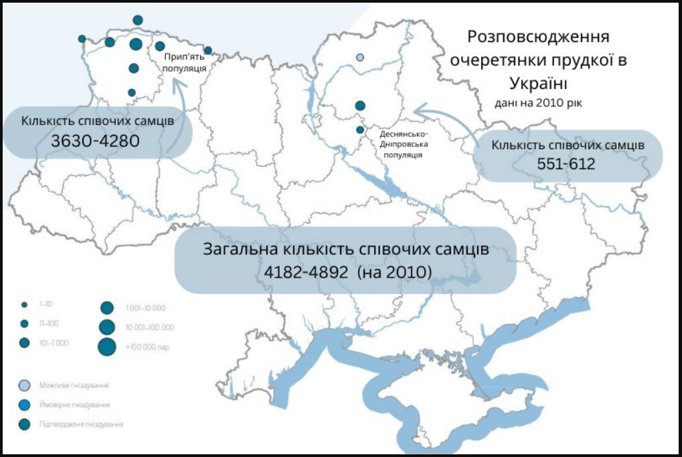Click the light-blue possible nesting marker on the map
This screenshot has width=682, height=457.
click(x=360, y=58)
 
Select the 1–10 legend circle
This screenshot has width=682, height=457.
click(x=24, y=304)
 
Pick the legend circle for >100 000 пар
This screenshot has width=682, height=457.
click(x=106, y=347)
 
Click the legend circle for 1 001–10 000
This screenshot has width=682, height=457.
click(x=106, y=308)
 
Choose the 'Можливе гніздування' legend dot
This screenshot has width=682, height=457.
click(x=25, y=386)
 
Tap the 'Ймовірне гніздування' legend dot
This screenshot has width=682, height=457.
click(x=25, y=405)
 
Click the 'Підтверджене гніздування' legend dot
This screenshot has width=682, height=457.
click(x=25, y=424)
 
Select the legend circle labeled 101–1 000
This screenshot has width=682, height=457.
click(x=24, y=343)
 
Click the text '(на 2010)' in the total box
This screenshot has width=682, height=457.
click(x=395, y=273)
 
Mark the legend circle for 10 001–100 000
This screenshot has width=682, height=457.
click(x=106, y=327)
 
